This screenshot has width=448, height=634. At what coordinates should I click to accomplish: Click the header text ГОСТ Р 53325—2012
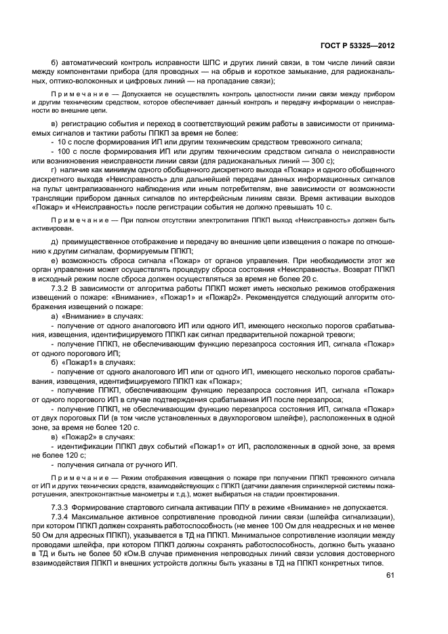[357, 46]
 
